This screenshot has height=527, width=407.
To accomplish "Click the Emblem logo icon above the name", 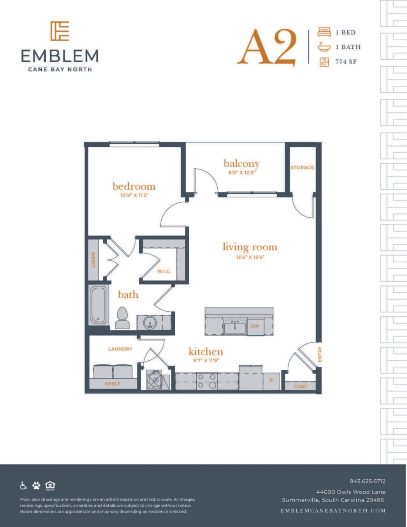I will click(60, 31).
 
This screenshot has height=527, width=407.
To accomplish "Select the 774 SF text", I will click(346, 62).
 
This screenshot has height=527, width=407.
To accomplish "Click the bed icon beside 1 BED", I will click(324, 32).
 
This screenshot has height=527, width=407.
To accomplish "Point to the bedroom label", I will click(134, 186).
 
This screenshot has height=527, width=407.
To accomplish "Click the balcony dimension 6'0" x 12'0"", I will click(242, 173).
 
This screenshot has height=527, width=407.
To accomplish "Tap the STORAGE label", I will click(302, 168).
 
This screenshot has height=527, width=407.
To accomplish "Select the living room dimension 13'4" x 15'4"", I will click(250, 258).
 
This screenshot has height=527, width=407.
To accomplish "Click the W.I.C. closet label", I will click(164, 271).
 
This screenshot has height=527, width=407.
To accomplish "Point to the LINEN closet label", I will click(93, 259).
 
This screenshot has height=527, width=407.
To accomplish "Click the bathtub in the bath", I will click(98, 305).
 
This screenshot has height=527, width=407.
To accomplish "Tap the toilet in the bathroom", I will click(122, 318).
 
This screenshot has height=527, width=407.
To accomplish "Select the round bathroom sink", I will click(150, 322).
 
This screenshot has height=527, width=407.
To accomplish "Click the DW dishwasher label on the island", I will click(255, 326).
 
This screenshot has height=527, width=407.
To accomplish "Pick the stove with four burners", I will click(207, 381).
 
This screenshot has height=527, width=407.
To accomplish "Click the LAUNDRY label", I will click(120, 349).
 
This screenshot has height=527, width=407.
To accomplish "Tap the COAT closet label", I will click(300, 387).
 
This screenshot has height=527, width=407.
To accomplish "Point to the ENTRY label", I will click(320, 354).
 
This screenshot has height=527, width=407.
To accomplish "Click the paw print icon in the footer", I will click(37, 485).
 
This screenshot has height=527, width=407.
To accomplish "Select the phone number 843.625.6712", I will click(367, 481).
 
